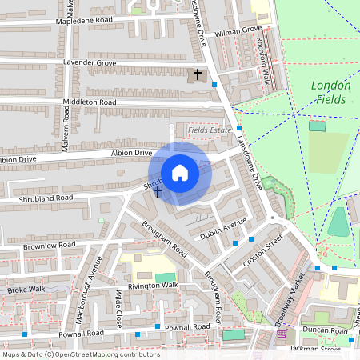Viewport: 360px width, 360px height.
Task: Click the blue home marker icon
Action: click(180, 173)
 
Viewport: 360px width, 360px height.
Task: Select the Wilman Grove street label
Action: click(238, 30)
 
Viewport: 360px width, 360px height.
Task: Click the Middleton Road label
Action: click(90, 102)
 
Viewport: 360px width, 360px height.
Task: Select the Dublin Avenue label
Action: click(223, 228)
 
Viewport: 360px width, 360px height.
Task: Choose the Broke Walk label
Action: click(26, 289)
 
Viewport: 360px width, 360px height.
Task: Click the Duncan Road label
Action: click(324, 330)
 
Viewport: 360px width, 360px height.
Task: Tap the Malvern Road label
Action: click(66, 126)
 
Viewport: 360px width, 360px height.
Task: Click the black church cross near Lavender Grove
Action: click(198, 74)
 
